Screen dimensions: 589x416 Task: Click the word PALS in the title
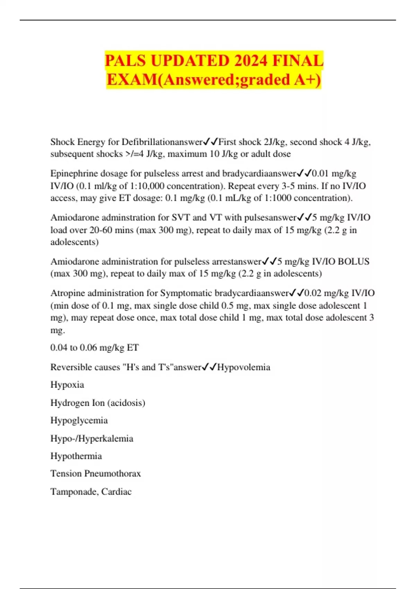(x=125, y=61)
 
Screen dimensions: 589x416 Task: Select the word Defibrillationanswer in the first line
(x=162, y=142)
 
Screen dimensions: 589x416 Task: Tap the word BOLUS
(x=353, y=262)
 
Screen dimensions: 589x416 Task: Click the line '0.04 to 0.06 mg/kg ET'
(x=94, y=348)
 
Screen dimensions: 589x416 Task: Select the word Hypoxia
(x=67, y=385)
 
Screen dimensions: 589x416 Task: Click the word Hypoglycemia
(x=79, y=421)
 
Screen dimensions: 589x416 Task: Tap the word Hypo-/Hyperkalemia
(x=92, y=439)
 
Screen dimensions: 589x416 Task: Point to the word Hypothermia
(x=76, y=456)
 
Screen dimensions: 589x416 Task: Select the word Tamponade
(x=74, y=492)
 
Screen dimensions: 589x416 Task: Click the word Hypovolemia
(x=244, y=367)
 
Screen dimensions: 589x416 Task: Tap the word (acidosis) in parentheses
(x=126, y=403)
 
